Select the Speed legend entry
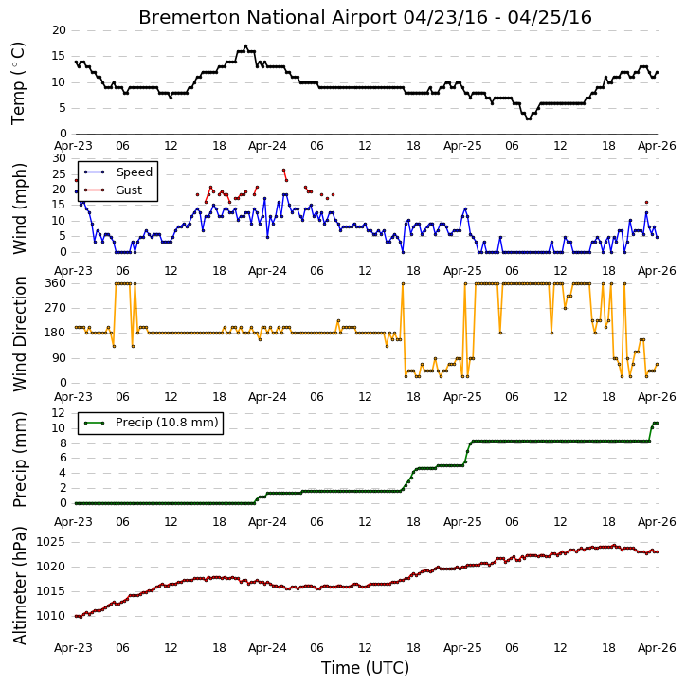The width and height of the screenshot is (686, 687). pos(118,172)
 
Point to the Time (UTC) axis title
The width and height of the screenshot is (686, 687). pos(365,668)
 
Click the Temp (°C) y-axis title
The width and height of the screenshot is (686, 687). pos(18,83)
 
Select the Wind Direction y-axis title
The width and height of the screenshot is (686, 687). pos(20,334)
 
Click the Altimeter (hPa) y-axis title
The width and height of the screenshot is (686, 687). pos(20,586)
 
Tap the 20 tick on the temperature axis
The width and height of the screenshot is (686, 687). pos(59,30)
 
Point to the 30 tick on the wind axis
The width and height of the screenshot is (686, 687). pos(59,158)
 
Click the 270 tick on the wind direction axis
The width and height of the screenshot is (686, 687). pos(56,308)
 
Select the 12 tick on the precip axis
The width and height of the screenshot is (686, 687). pos(58,413)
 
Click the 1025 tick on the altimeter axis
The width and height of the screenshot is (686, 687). pos(50,542)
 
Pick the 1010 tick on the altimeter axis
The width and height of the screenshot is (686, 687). pos(50,616)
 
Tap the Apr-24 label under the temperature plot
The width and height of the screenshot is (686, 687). pos(267,146)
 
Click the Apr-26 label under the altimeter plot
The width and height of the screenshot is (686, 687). pos(657,647)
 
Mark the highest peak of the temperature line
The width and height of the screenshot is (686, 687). pos(245,46)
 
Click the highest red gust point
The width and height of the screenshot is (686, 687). pos(283,170)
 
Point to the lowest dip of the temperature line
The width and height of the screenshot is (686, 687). pos(529,118)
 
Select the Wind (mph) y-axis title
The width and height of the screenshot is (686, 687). pos(20,208)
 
